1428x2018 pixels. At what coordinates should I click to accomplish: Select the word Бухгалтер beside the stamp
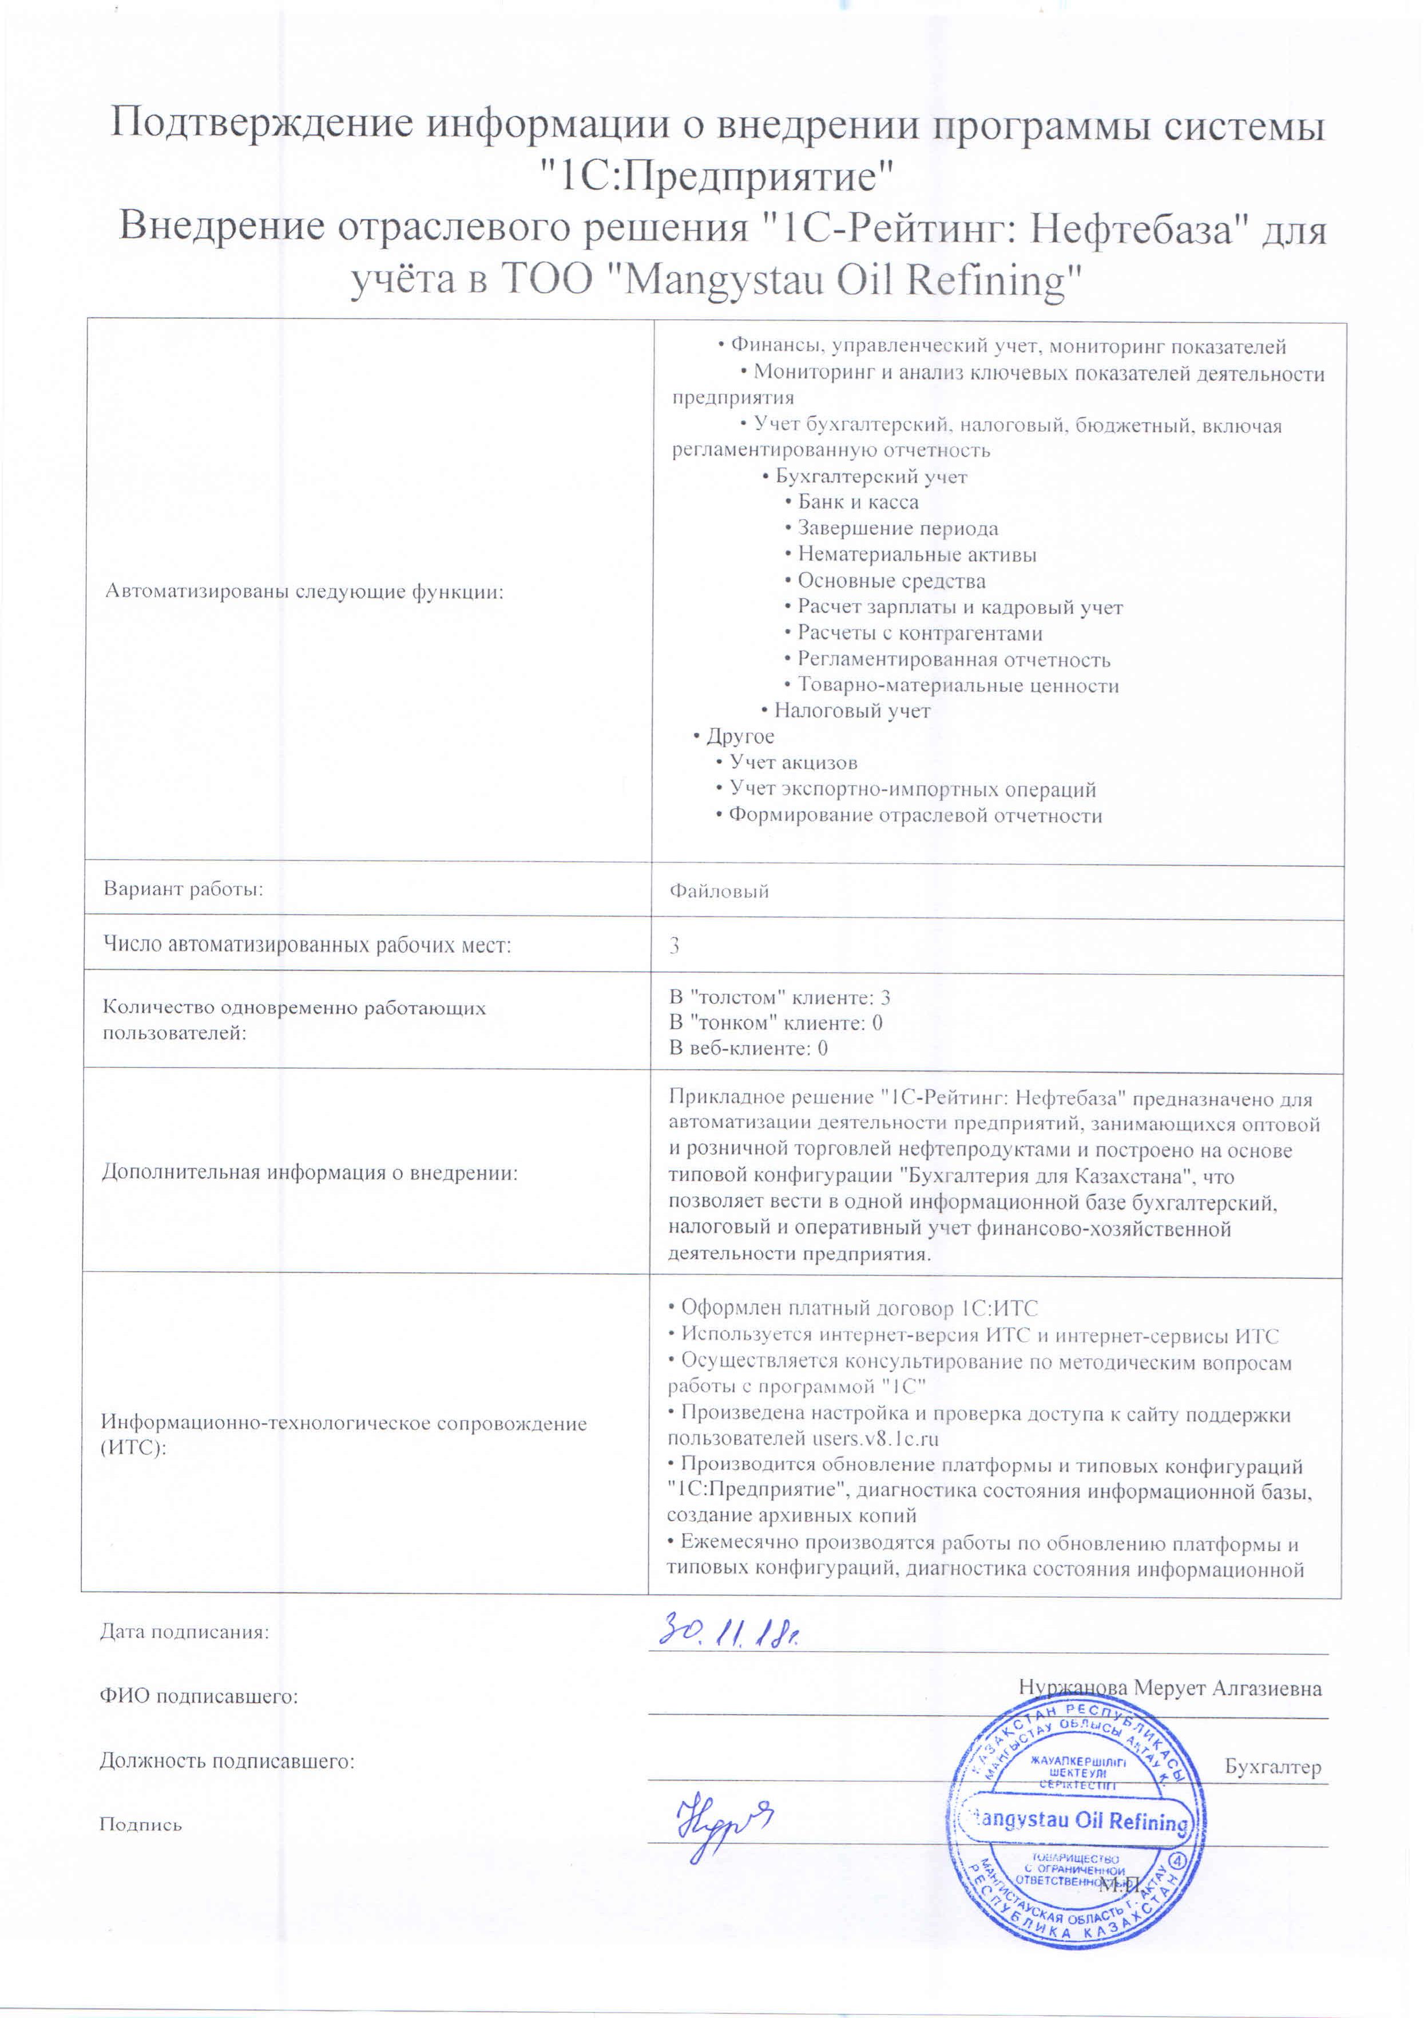click(x=1272, y=1767)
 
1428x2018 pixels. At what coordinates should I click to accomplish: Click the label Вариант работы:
click(x=184, y=888)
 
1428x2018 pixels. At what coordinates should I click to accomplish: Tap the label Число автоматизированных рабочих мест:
click(x=307, y=945)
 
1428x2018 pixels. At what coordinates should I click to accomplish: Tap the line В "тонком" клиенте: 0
click(x=776, y=1022)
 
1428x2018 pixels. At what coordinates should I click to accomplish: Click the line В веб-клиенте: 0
click(x=748, y=1048)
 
